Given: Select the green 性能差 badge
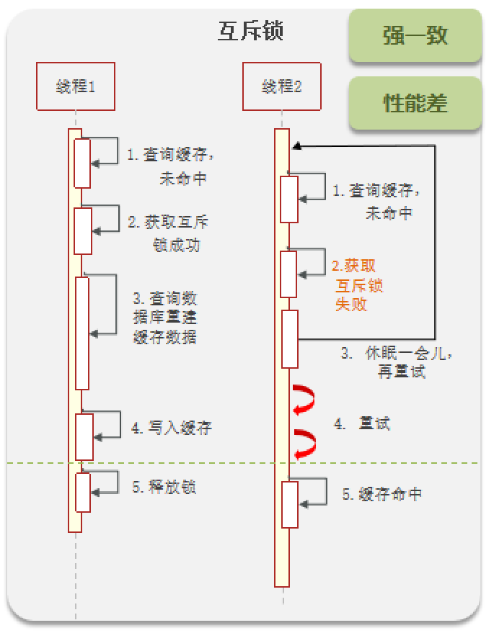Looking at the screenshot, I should pos(415,104).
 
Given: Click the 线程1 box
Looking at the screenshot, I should pos(76,86).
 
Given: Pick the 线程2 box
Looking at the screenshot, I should pos(281,86).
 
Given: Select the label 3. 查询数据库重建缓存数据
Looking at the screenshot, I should pos(165,317).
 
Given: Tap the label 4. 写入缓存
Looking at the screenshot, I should pos(172,428).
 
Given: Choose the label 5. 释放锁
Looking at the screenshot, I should pos(164,487).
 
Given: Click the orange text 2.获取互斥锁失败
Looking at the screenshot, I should pos(354,285).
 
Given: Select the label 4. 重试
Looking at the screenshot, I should pos(362,423).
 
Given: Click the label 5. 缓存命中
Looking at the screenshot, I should pos(381,494).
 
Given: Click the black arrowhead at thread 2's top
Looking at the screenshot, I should pos(296,146).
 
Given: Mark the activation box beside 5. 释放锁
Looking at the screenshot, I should pos(83,492).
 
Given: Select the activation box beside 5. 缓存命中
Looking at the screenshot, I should pos(289,504).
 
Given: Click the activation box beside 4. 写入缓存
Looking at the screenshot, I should pos(84,436).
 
